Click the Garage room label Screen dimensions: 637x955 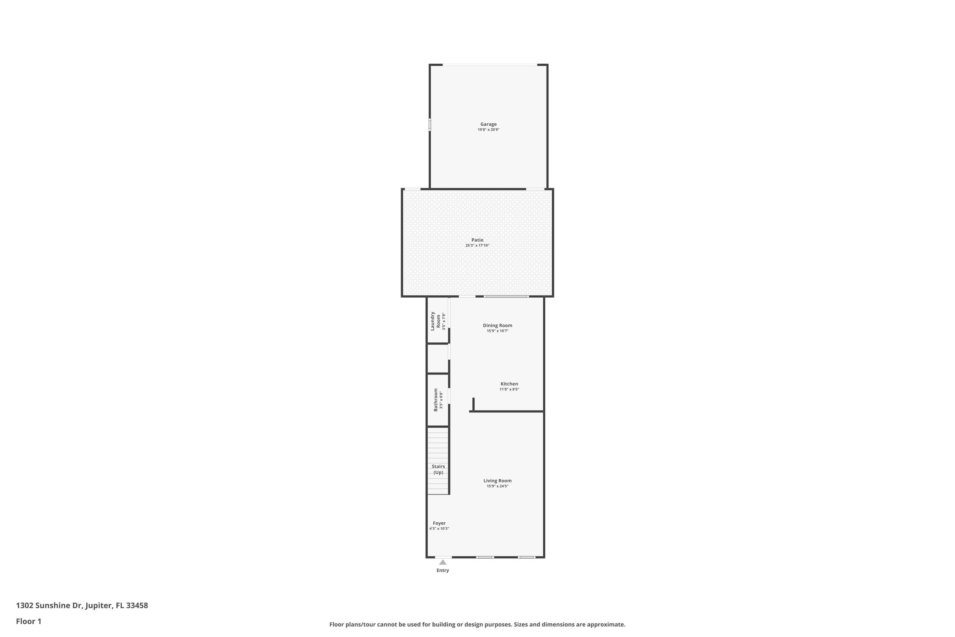click(x=488, y=124)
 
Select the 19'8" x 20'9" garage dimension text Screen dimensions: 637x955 click(x=488, y=130)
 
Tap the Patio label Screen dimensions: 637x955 click(x=477, y=240)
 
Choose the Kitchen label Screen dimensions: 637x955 click(x=509, y=384)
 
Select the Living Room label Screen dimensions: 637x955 click(x=497, y=481)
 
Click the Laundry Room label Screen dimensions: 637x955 click(x=435, y=321)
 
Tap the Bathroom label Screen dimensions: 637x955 click(x=436, y=400)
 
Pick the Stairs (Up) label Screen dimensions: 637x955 click(x=438, y=469)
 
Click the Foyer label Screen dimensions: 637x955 click(x=439, y=523)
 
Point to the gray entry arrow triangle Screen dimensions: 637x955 click(x=442, y=562)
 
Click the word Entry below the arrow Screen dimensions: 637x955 click(x=442, y=570)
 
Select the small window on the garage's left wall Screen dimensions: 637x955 click(x=429, y=125)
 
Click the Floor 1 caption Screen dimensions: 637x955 click(x=28, y=621)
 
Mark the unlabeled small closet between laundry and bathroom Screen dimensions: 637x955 click(x=437, y=358)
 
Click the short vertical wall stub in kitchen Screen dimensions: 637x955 click(x=473, y=404)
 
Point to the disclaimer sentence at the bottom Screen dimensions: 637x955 click(x=477, y=624)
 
